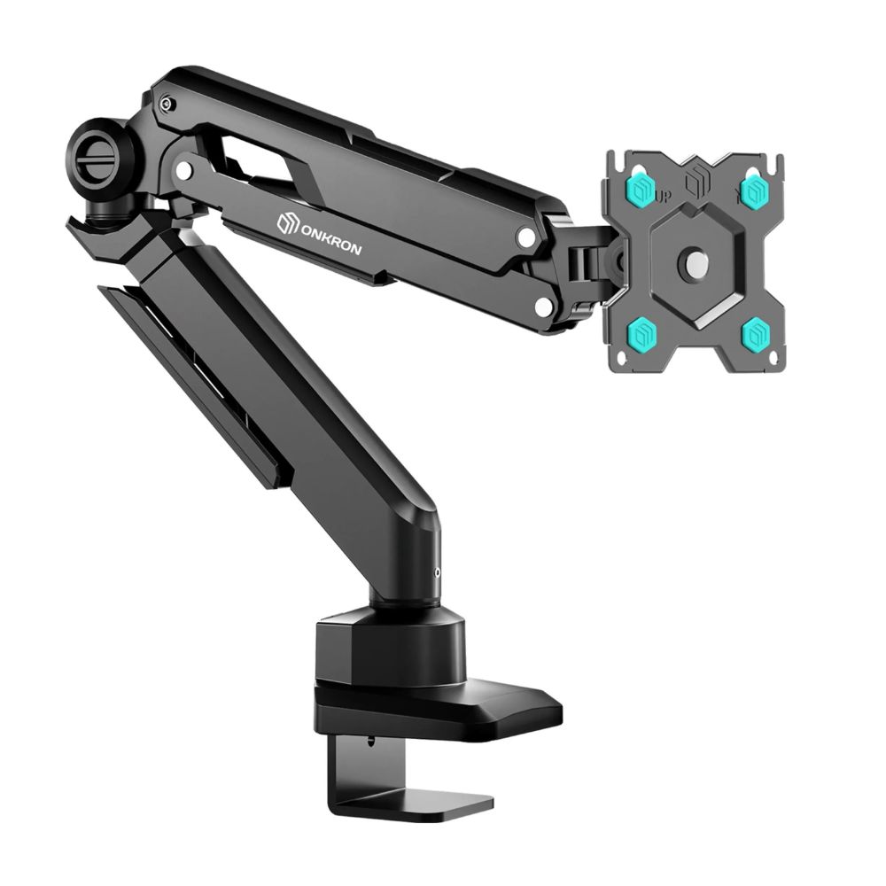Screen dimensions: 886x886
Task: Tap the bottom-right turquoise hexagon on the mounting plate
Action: [x=756, y=333]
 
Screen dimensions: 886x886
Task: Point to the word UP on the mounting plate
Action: [x=664, y=198]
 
